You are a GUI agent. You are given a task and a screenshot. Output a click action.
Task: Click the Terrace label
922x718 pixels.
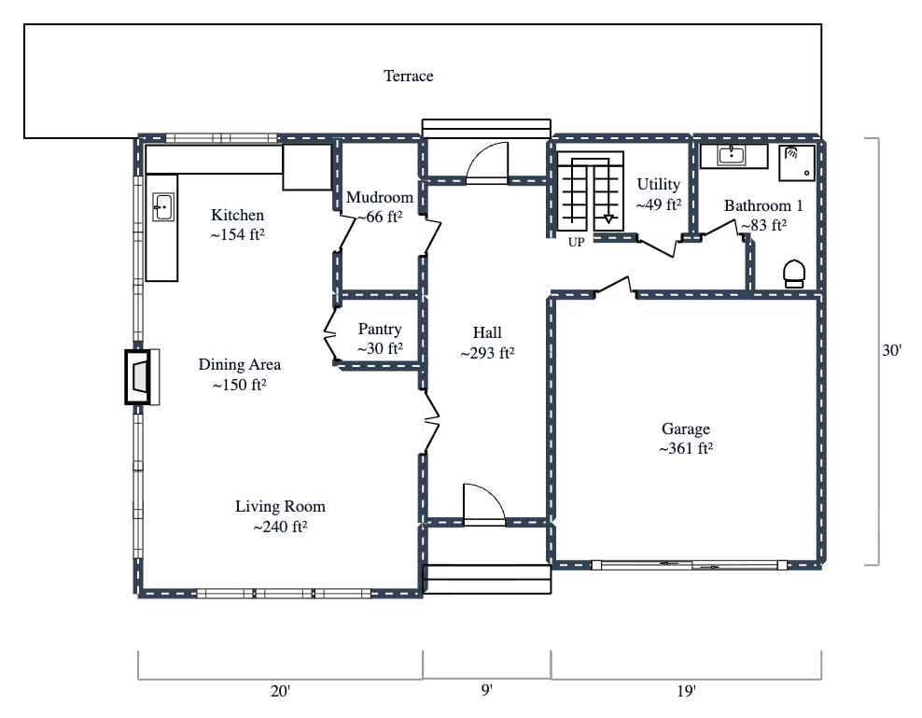pyautogui.click(x=409, y=76)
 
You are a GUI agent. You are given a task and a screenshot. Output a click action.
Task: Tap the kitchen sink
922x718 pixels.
pyautogui.click(x=164, y=206)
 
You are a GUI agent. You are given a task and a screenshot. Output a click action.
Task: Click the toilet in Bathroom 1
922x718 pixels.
pyautogui.click(x=794, y=272)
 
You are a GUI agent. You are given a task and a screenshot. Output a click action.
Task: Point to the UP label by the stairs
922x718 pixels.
pyautogui.click(x=576, y=242)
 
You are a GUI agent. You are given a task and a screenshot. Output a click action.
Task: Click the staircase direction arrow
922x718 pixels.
pyautogui.click(x=608, y=218)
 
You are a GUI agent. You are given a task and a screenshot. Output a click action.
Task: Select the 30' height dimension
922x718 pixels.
pyautogui.click(x=891, y=351)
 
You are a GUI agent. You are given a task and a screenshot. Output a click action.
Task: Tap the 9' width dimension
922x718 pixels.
pyautogui.click(x=486, y=691)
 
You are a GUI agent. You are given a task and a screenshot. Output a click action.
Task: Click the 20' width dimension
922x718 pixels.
pyautogui.click(x=280, y=691)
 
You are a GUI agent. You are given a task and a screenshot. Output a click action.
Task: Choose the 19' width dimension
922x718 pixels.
pyautogui.click(x=686, y=691)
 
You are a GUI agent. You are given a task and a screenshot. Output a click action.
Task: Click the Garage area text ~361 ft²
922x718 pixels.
pyautogui.click(x=686, y=448)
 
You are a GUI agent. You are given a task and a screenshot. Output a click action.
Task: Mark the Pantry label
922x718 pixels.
pyautogui.click(x=380, y=329)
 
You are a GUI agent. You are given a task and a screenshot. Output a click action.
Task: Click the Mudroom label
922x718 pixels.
pyautogui.click(x=379, y=197)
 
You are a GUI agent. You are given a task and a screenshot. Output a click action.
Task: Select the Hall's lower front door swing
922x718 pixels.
pyautogui.click(x=482, y=504)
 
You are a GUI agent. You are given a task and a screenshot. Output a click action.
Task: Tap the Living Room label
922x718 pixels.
pyautogui.click(x=280, y=506)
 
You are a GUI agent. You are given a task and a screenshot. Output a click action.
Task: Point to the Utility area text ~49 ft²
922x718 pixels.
pyautogui.click(x=659, y=204)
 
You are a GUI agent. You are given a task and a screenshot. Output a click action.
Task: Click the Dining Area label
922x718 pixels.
pyautogui.click(x=240, y=364)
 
